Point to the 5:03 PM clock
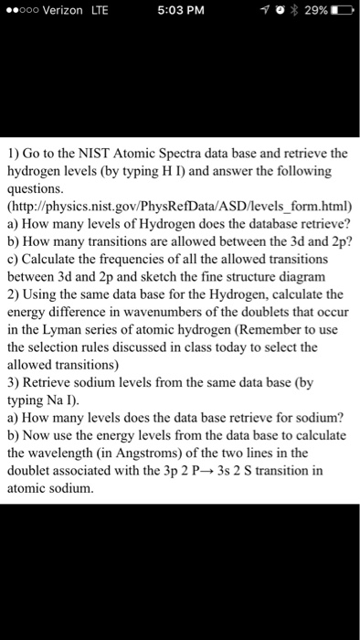[179, 11]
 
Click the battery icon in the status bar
[342, 11]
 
